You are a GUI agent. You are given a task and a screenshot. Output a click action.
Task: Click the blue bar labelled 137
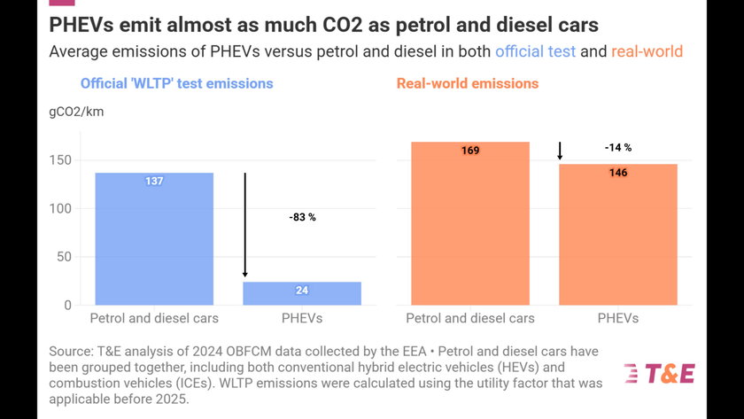[x=154, y=238]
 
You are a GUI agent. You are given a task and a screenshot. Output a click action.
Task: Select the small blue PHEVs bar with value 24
[x=302, y=293]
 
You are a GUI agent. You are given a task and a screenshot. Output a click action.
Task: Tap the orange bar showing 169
[x=470, y=223]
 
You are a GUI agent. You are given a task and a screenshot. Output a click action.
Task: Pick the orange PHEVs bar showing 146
[x=618, y=235]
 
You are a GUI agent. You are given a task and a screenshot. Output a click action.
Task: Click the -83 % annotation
[x=302, y=217]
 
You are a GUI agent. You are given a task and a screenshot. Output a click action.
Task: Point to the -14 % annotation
[x=618, y=148]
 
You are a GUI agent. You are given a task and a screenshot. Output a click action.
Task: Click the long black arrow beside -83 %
[x=244, y=225]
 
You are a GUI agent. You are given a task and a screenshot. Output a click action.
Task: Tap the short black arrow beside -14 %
[x=560, y=151]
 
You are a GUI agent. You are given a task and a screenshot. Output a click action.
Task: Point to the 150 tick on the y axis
[x=60, y=160]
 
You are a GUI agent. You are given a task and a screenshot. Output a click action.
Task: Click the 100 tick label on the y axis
[x=60, y=208]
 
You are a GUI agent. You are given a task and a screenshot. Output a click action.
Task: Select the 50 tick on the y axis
[x=64, y=257]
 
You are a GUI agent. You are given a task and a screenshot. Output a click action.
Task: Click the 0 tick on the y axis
[x=68, y=305]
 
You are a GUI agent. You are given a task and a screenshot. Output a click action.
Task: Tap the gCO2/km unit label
[x=76, y=112]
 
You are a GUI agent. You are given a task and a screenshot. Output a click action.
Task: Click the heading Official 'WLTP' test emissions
[x=176, y=83]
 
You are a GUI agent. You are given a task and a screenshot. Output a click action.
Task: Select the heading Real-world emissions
[x=468, y=83]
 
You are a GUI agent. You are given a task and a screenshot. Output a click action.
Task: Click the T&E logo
[x=660, y=374]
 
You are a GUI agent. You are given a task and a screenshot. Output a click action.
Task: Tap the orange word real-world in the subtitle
[x=647, y=51]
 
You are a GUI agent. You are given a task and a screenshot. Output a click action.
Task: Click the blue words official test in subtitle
[x=535, y=51]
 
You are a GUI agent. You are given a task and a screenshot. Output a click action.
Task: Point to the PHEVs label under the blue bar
[x=302, y=318]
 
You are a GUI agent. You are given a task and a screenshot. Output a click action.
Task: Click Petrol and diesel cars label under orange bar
[x=470, y=318]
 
